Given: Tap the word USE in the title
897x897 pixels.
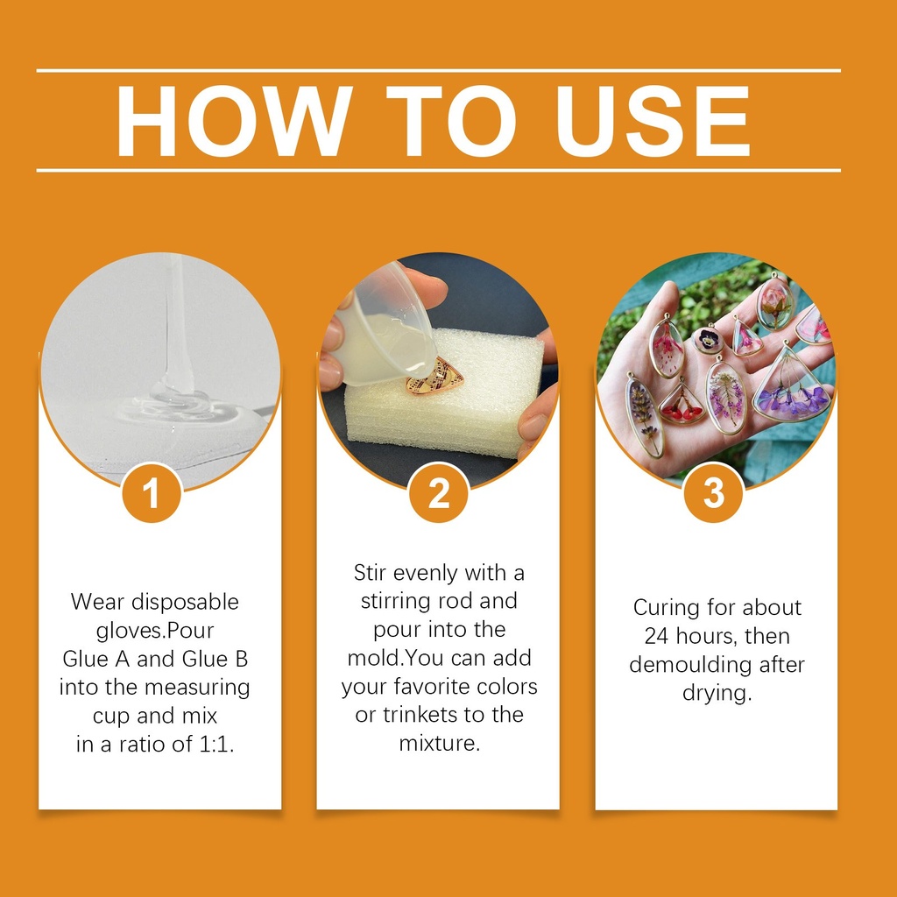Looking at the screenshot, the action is pyautogui.click(x=653, y=121).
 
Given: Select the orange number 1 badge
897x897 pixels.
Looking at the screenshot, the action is pyautogui.click(x=152, y=492).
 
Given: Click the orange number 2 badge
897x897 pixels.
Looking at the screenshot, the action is pyautogui.click(x=439, y=492).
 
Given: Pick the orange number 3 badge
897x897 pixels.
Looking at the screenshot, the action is pyautogui.click(x=714, y=492).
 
